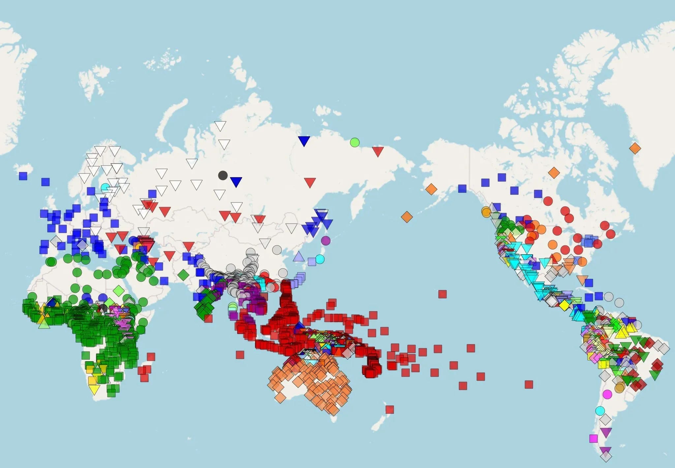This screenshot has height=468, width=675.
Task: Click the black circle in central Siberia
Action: point(223,175)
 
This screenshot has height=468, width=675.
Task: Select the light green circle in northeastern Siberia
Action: point(354,142)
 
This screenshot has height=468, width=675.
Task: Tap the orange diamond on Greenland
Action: point(635,148)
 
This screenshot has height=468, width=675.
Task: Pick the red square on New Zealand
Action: point(390,409)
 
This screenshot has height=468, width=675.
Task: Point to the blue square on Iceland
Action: point(23,176)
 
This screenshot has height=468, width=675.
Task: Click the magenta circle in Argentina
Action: point(607,394)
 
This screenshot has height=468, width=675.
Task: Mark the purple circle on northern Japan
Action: point(325,240)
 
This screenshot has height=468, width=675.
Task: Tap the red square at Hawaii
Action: point(442,294)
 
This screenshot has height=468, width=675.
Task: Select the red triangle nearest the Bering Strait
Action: point(378,151)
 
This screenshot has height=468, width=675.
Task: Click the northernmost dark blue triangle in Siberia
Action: point(304,141)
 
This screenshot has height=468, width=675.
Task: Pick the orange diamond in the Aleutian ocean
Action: point(407,217)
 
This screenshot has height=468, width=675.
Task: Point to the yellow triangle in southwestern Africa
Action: point(94,390)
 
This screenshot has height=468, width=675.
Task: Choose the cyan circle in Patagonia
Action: point(600,411)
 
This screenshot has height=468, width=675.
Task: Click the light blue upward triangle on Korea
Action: point(299,256)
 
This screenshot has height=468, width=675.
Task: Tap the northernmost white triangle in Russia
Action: point(220,126)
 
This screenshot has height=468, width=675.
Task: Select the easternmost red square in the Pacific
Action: point(529,384)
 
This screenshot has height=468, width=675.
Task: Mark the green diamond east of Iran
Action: point(183,274)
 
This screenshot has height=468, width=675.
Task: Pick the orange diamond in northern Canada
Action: point(554,172)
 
